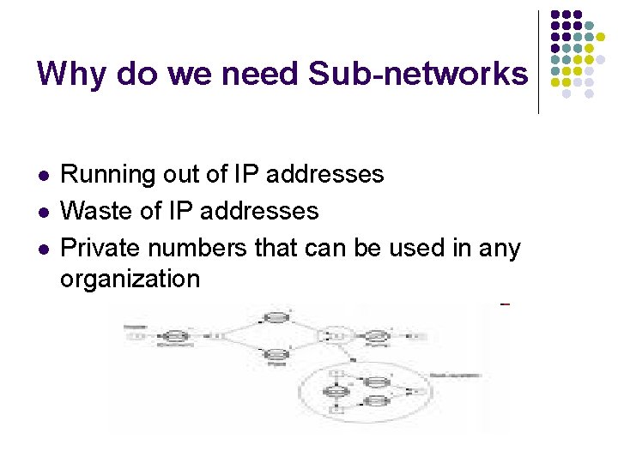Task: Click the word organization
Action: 130,279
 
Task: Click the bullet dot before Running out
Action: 44,176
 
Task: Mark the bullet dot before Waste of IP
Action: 44,212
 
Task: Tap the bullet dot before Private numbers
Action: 44,249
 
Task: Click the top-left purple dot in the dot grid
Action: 554,15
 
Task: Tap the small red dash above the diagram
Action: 505,304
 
